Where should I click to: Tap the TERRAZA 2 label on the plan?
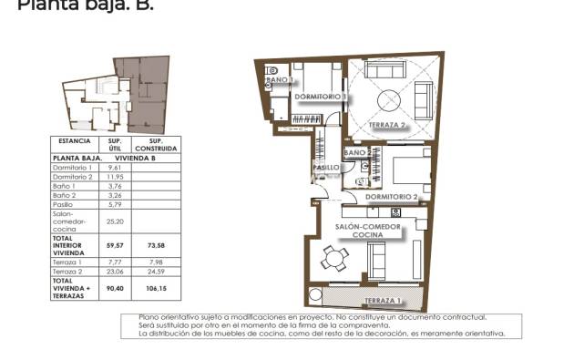click(386, 125)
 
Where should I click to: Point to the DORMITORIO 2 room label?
click(391, 196)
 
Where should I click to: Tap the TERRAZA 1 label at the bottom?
click(381, 301)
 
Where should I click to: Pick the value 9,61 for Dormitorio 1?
click(115, 168)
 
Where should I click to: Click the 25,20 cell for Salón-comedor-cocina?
click(115, 221)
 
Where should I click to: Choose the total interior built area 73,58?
click(155, 245)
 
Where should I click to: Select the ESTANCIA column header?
click(75, 141)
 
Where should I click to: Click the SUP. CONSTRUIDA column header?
click(155, 144)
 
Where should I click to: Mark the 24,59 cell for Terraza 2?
click(155, 271)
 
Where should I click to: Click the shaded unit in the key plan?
click(146, 91)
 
